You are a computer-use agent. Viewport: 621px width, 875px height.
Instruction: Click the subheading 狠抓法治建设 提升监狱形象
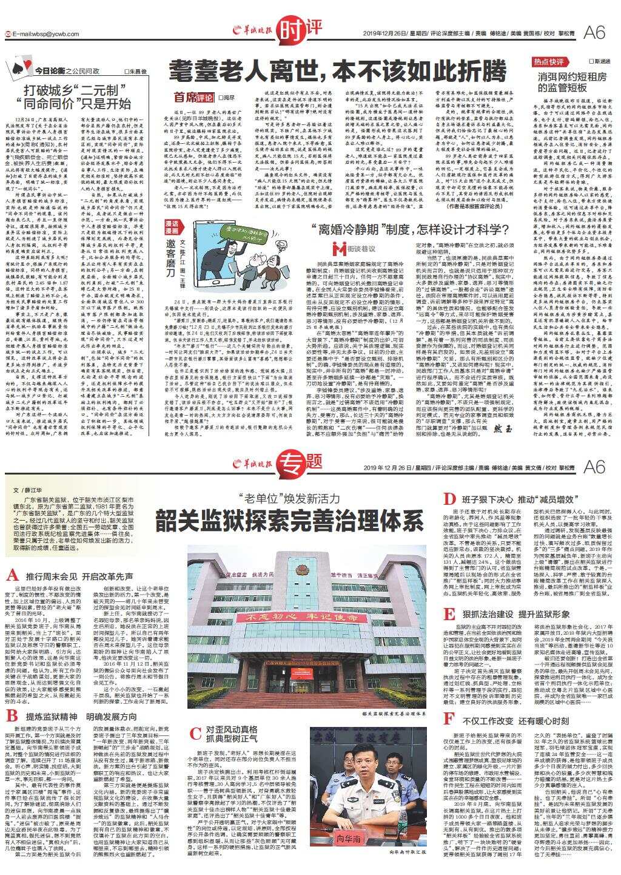pos(515,614)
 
